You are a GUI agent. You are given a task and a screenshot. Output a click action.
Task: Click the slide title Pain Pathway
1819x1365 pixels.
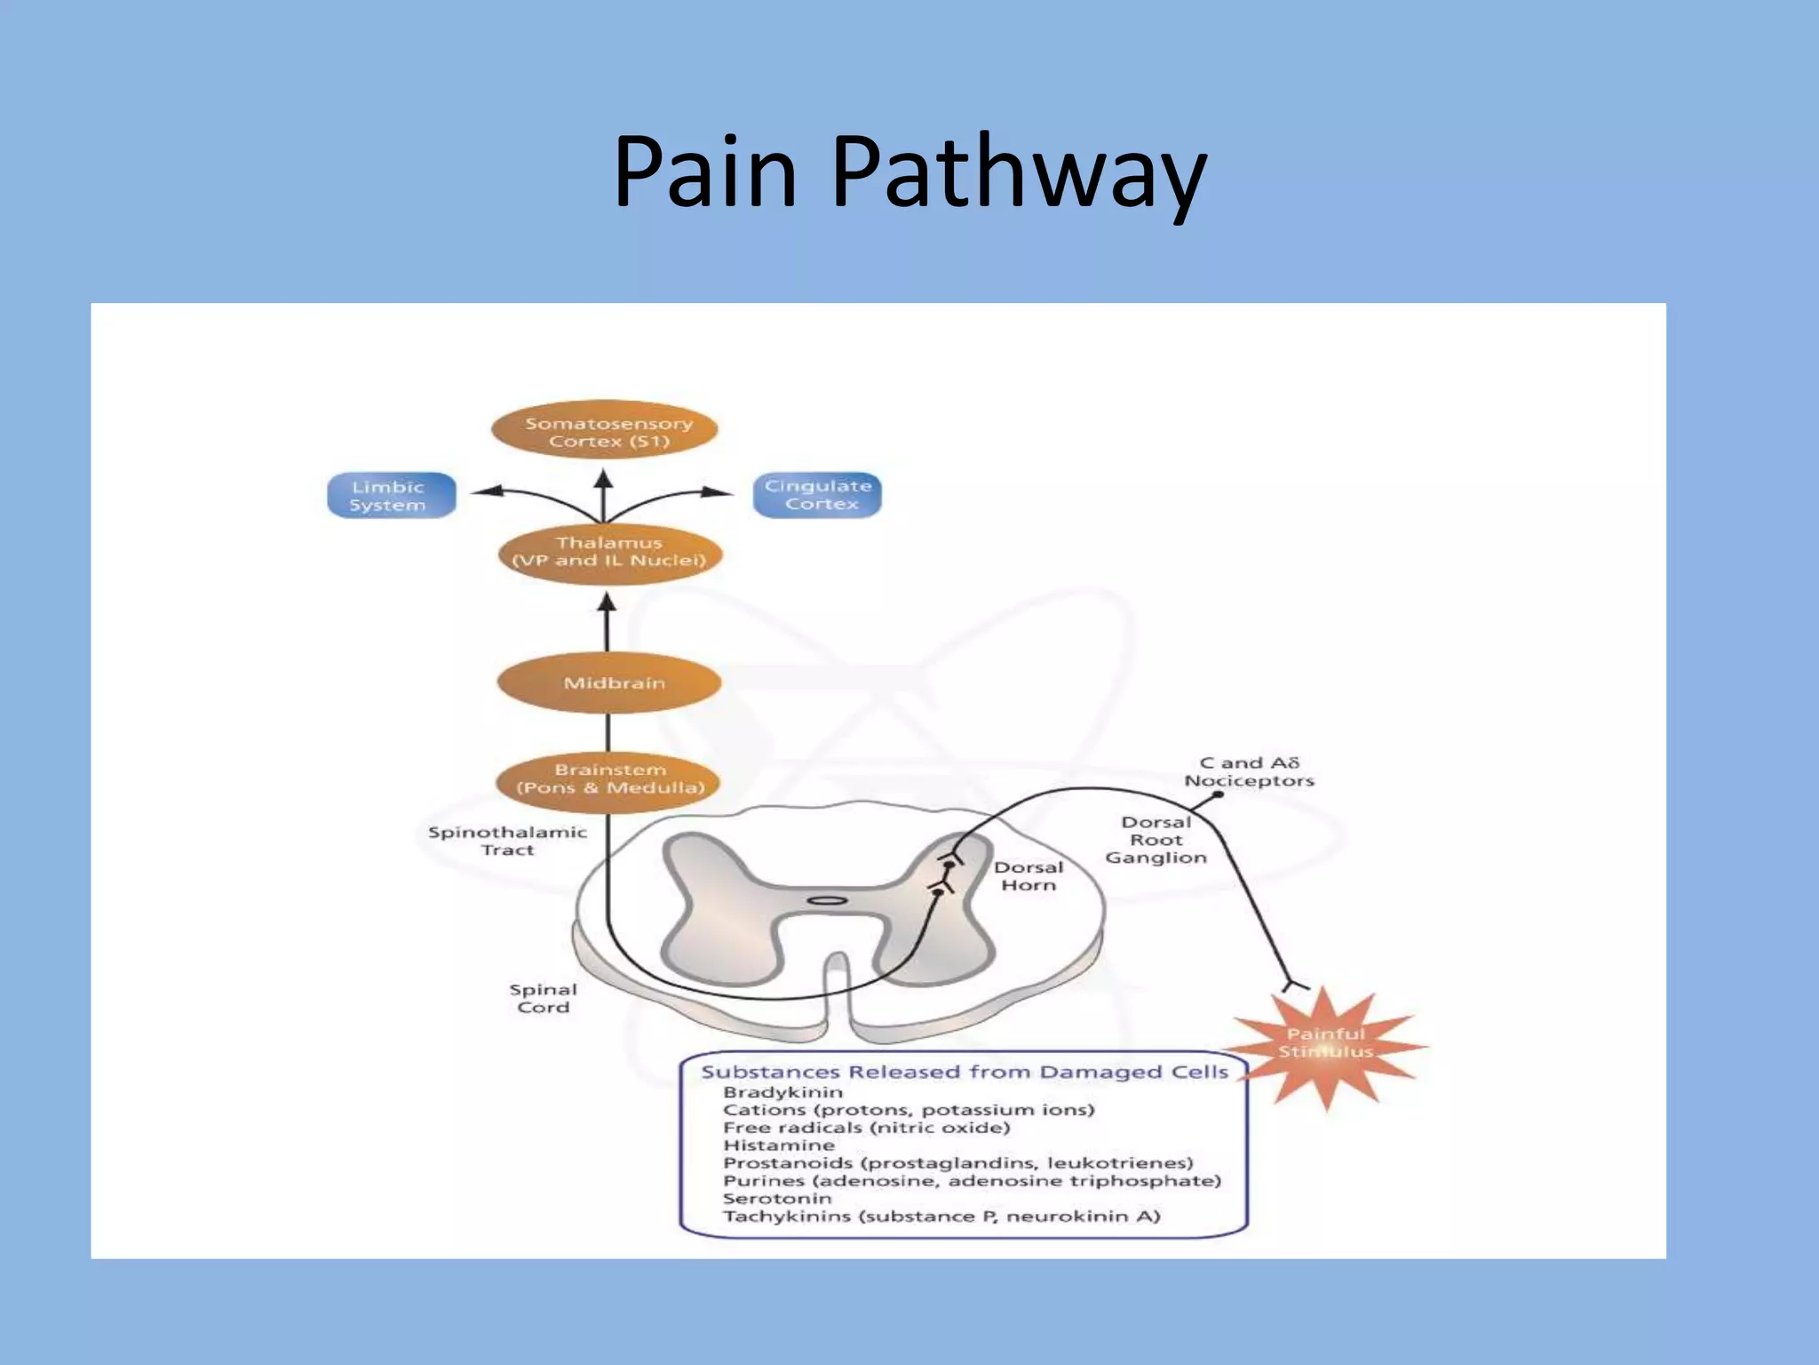coord(909,171)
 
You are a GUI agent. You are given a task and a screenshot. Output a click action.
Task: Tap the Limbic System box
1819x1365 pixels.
coord(391,496)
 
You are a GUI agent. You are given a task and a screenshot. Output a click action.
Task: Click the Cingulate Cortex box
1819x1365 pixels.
coord(817,495)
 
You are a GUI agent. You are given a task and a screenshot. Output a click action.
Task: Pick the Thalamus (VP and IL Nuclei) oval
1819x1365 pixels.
coord(609,552)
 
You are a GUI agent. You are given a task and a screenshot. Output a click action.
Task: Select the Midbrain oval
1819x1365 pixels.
coord(609,682)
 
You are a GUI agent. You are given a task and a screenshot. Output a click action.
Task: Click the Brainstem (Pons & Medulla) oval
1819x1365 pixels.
coord(609,778)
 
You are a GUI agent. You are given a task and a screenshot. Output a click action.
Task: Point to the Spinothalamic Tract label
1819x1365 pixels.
coord(507,841)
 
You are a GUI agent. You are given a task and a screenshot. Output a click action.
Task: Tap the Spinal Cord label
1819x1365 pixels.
coord(544,998)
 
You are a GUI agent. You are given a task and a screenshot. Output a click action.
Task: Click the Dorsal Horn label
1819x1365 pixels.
coord(1028,876)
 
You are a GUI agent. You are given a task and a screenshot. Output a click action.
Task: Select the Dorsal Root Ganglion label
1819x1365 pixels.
coord(1156,840)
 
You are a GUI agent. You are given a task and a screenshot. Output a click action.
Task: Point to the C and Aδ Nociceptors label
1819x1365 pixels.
coord(1249,771)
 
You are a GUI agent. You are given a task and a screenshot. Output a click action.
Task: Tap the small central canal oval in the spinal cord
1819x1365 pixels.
coord(827,901)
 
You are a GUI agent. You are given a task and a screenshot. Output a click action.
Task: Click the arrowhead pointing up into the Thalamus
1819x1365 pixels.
coord(607,603)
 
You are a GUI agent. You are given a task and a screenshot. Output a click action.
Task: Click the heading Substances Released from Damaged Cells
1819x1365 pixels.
coord(965,1072)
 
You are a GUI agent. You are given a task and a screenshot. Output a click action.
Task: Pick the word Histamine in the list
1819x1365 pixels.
coord(779,1145)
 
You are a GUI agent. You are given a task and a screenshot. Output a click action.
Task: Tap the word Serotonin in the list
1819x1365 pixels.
coord(777,1198)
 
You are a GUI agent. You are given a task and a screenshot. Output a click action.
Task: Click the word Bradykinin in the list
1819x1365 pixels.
coord(782,1092)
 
